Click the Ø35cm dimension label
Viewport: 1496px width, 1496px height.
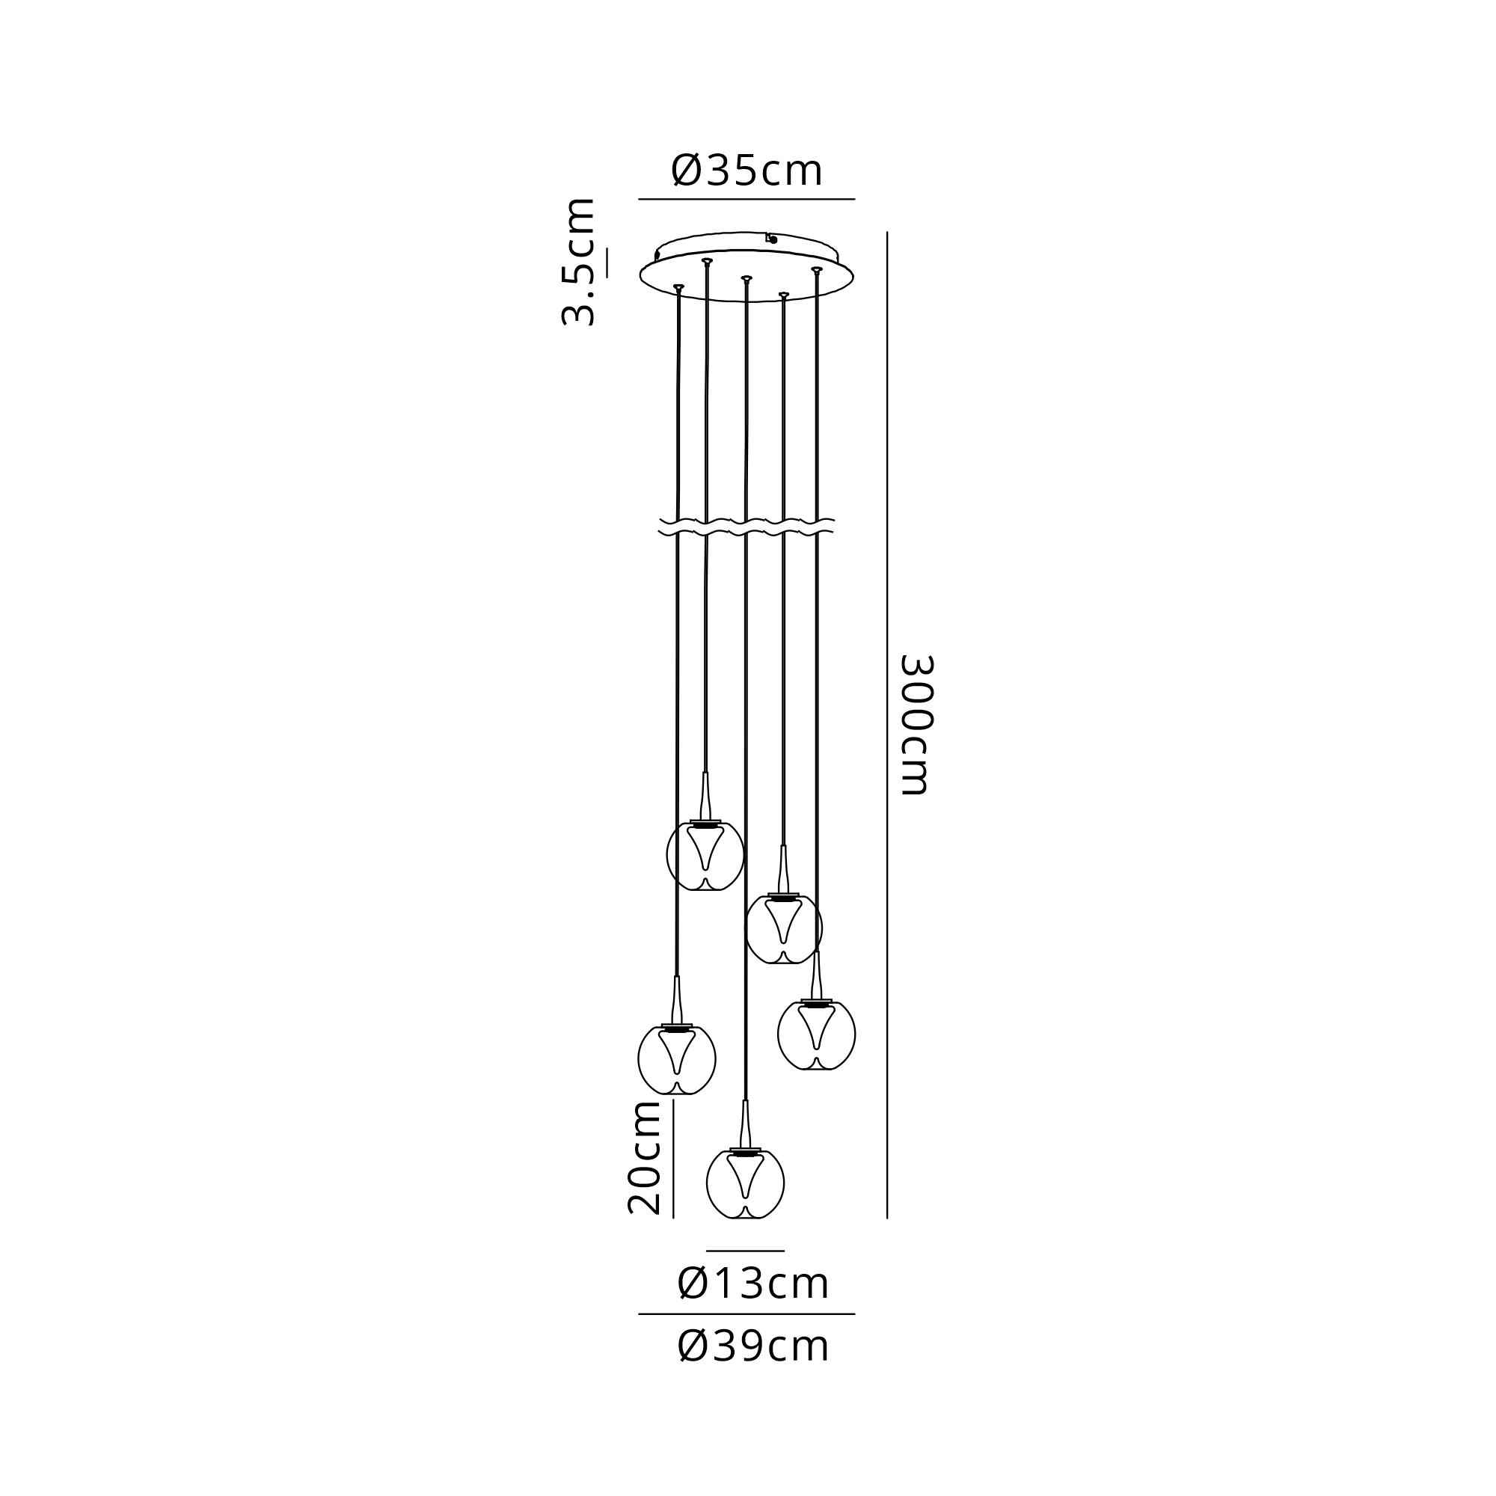[x=747, y=171]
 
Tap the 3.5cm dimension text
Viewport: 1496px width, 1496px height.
[x=578, y=262]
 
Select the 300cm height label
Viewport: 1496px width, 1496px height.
[x=917, y=725]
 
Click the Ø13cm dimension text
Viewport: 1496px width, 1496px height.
[x=752, y=1283]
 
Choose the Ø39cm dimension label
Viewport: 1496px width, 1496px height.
[x=752, y=1346]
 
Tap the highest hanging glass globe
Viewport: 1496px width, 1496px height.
[x=705, y=855]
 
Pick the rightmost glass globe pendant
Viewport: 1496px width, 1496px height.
[x=817, y=1034]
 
